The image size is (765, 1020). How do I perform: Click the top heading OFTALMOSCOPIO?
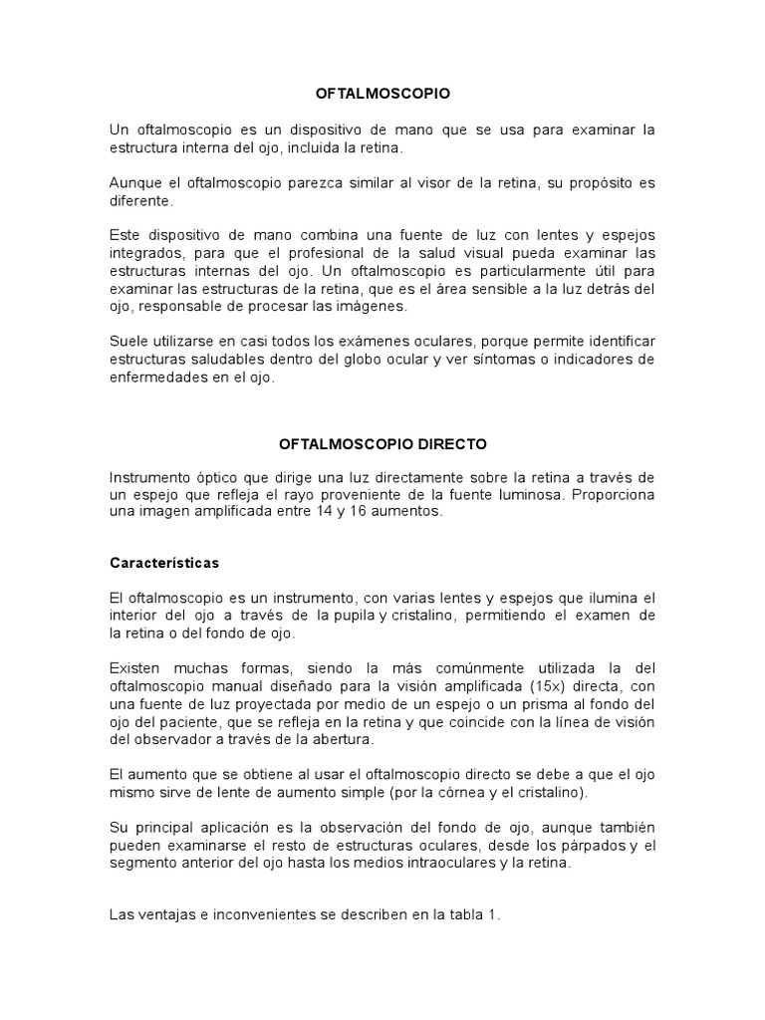point(382,94)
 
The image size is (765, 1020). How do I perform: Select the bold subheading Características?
point(163,563)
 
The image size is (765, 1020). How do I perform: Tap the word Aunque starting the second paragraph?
point(133,183)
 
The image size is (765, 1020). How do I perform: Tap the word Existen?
point(136,666)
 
